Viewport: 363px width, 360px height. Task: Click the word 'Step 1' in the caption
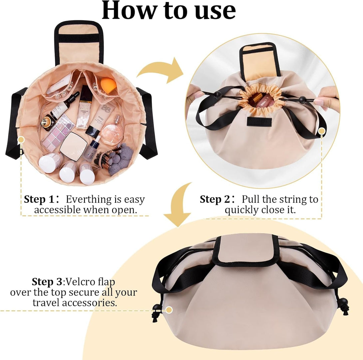pos(39,199)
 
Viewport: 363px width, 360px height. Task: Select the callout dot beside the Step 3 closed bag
pos(169,310)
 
